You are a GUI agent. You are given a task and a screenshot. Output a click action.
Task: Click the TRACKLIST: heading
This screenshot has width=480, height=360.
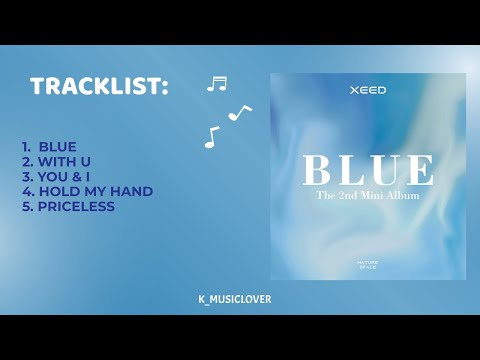[x=98, y=87]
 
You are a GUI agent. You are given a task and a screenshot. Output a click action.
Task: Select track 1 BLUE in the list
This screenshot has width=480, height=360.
[x=57, y=147]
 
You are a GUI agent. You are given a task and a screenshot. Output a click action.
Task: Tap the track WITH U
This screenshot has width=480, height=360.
[x=64, y=162]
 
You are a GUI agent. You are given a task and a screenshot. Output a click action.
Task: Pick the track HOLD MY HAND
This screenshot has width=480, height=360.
[x=87, y=192]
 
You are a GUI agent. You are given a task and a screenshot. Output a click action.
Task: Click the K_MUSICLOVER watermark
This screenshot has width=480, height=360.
[x=236, y=299]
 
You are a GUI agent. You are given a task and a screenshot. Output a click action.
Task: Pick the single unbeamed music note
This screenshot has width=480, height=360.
[x=211, y=137]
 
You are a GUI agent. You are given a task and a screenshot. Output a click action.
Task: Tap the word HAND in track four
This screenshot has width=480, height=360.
[x=132, y=192]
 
